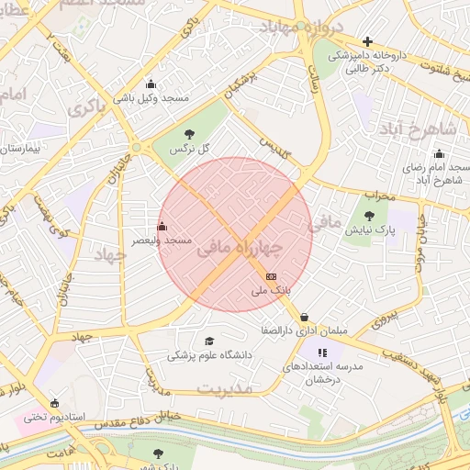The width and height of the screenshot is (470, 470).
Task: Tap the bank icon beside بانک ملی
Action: [x=271, y=275]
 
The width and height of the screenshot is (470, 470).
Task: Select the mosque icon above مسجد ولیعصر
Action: [x=162, y=226]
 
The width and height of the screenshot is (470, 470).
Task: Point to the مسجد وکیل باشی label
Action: [x=151, y=96]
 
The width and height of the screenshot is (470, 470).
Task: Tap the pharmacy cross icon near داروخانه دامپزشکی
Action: [x=367, y=41]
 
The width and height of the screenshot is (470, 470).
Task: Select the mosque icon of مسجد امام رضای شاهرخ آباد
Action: [x=439, y=154]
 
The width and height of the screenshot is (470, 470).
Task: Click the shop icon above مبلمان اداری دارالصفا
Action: [x=304, y=317]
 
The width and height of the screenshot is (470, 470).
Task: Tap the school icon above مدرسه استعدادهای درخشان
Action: [x=322, y=352]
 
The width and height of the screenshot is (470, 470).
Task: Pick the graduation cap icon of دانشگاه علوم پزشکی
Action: [x=209, y=341]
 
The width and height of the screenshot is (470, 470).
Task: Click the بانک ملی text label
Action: [x=271, y=291]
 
